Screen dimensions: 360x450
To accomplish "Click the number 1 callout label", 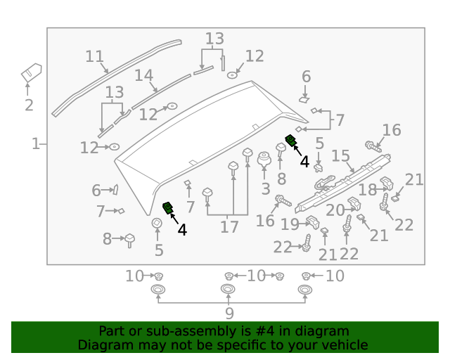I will click(35, 144).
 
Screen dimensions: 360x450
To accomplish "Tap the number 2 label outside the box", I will click(29, 105).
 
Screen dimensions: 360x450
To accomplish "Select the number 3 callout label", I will click(265, 188).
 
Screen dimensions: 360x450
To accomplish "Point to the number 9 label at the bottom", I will click(229, 314).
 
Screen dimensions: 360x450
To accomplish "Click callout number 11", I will click(94, 56).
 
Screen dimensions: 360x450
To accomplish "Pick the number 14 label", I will click(143, 75).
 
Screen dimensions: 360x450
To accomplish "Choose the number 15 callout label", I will click(341, 155).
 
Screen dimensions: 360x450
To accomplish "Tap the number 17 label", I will click(229, 227).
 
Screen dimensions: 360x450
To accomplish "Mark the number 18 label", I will click(368, 190).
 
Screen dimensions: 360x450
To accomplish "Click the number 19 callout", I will click(290, 224).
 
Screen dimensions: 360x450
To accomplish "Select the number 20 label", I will click(335, 209).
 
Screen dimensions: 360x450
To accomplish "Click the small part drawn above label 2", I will click(31, 73).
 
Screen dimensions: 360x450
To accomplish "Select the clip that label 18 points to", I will click(387, 185).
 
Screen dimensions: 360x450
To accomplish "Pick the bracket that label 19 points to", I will click(312, 224).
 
